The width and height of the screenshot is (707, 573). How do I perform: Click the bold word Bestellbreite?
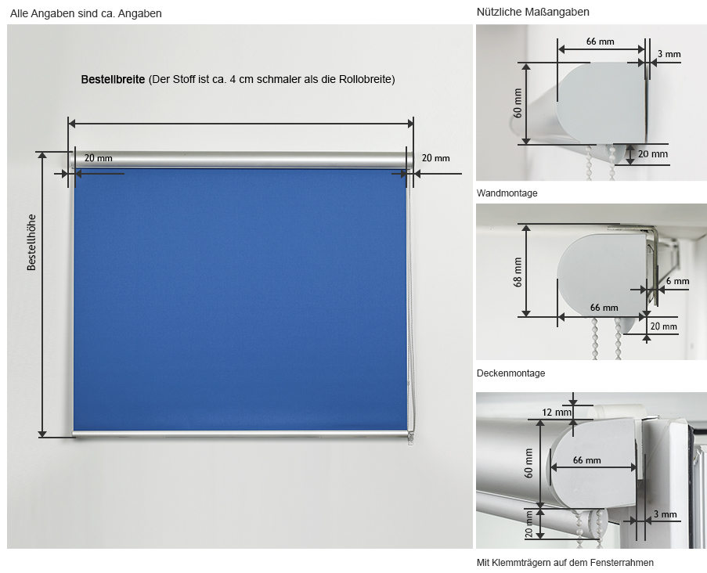click(x=113, y=79)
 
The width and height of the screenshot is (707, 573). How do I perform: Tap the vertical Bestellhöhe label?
click(x=31, y=242)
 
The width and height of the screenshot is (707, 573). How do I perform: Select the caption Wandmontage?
click(x=507, y=193)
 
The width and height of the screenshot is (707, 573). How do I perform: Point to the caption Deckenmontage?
click(x=510, y=373)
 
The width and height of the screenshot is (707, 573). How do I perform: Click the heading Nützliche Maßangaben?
click(x=533, y=13)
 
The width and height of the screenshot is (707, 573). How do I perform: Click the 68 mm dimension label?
click(x=518, y=272)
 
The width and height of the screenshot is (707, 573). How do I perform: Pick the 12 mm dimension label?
click(x=557, y=412)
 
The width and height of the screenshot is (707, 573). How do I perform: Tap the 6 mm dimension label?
click(x=678, y=281)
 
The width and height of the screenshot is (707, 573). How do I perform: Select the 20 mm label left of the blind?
click(x=99, y=158)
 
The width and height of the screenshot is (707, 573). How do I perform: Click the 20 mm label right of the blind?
click(x=435, y=158)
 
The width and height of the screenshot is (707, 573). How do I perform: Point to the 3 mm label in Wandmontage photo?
click(x=669, y=54)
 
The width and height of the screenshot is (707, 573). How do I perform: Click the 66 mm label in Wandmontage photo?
click(x=601, y=41)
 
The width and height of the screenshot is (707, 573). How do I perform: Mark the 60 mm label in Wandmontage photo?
click(x=518, y=103)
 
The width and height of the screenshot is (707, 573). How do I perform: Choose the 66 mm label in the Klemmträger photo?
click(x=587, y=460)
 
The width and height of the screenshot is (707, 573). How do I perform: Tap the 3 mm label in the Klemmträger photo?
click(x=666, y=514)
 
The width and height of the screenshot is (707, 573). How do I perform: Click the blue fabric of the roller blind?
click(x=240, y=299)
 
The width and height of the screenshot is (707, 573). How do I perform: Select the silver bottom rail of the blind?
click(x=243, y=434)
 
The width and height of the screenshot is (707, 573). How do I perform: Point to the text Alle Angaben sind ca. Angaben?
click(x=85, y=13)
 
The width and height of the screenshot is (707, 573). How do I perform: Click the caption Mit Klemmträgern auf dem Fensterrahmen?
click(x=565, y=563)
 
